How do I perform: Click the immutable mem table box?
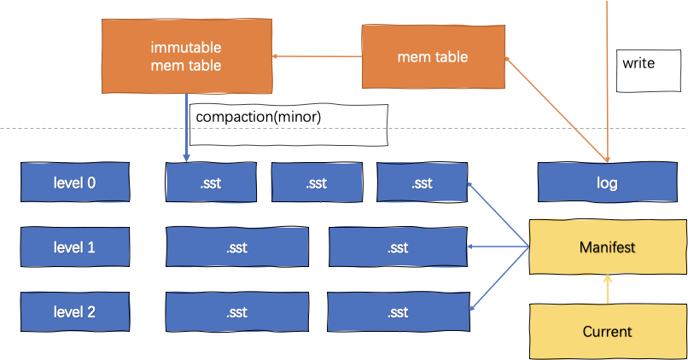coord(187,56)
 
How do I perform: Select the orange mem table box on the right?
coord(433,57)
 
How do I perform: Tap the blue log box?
coord(607,183)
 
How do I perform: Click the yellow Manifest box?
coord(607,247)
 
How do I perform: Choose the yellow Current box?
coord(607,330)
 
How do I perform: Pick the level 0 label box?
coord(74,182)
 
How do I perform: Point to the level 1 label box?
coord(74,247)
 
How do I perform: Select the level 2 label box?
coord(74,311)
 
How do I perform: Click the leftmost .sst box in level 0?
coord(209,183)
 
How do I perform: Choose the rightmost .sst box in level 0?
coord(422,183)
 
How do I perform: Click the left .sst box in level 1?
coord(236,247)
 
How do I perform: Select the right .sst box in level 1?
coord(398,247)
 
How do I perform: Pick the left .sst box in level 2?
coord(236,312)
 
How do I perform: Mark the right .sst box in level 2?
coord(398,312)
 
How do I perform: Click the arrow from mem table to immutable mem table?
coord(317,57)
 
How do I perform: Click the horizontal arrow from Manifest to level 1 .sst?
coord(499,247)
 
